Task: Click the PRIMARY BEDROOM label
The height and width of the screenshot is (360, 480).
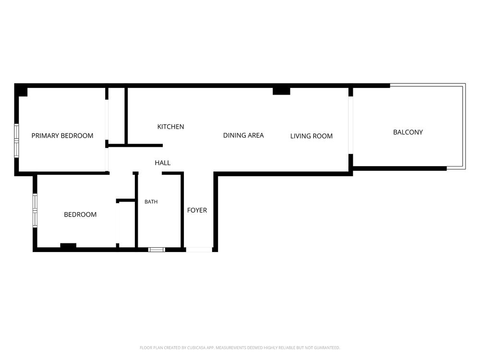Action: (62, 136)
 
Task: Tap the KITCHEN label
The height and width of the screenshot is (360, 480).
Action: (170, 127)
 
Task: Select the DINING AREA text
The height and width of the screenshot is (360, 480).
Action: (243, 135)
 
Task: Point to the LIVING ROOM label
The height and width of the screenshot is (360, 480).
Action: (312, 136)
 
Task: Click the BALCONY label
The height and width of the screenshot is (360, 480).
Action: (408, 132)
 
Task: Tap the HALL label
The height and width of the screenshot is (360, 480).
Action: (163, 163)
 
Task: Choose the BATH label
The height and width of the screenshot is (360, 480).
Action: (151, 202)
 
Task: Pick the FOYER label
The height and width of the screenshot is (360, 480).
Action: (197, 210)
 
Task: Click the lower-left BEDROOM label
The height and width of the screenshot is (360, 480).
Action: (80, 215)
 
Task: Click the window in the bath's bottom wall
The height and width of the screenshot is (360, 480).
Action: (157, 250)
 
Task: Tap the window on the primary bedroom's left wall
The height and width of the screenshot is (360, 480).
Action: (16, 141)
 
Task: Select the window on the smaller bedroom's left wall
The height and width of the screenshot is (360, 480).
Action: (35, 211)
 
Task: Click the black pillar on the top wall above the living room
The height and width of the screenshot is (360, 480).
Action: (281, 91)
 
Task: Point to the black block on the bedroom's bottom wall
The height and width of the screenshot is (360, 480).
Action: (68, 245)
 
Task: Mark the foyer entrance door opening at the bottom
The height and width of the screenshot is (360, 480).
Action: (199, 250)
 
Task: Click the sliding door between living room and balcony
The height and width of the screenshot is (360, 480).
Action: (351, 125)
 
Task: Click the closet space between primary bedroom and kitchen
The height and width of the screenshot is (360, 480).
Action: (116, 116)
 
